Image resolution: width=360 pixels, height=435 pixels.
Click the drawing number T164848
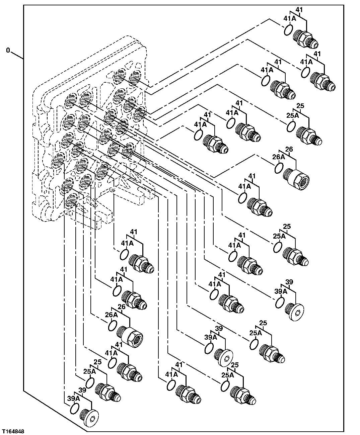coord(13,432)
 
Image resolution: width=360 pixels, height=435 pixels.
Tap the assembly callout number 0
coord(8,51)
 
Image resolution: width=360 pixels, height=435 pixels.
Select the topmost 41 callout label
coord(299,10)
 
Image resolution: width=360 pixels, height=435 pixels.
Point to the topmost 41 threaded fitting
coord(305,38)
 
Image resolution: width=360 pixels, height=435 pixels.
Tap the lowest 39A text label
coord(73,398)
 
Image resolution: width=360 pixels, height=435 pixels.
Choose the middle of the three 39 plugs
coord(224,357)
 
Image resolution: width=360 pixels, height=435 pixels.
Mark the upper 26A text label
coord(278,157)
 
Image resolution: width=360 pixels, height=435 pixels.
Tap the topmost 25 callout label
coord(300,106)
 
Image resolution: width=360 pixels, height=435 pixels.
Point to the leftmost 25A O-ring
coord(90,382)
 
